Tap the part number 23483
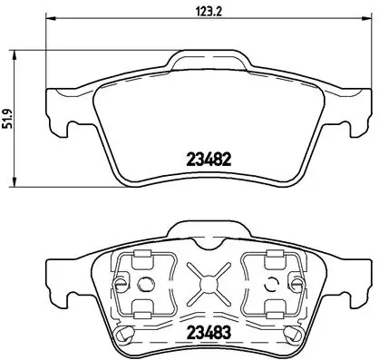(x=209, y=333)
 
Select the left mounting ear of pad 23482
(x=57, y=107)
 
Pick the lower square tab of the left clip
(x=139, y=306)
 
